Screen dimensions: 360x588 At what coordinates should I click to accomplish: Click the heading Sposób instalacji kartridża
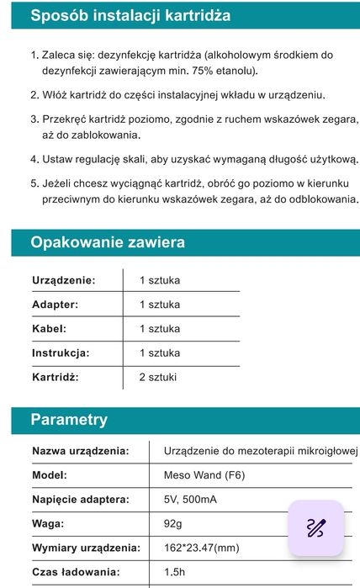click(130, 16)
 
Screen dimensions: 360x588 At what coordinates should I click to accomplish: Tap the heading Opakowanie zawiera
click(108, 243)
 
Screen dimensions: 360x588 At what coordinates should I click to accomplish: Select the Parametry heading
click(69, 420)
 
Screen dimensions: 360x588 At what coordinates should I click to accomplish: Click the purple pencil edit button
click(315, 528)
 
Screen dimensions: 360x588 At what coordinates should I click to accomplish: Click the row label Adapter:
click(55, 305)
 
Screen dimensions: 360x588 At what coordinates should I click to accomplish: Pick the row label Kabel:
click(49, 329)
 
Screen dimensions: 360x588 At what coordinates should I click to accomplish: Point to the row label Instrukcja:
click(61, 353)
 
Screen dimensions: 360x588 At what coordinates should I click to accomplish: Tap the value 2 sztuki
click(158, 378)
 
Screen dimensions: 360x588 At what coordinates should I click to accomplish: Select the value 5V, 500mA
click(190, 500)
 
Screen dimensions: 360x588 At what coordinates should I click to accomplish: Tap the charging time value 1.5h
click(175, 573)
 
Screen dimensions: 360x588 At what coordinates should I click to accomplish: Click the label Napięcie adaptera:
click(81, 500)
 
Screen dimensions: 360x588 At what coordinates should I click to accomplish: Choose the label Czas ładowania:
click(76, 573)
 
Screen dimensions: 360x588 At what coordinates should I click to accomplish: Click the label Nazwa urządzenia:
click(81, 451)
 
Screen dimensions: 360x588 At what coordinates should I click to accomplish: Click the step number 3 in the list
click(34, 119)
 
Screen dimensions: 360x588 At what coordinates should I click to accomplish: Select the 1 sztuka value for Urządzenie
click(160, 280)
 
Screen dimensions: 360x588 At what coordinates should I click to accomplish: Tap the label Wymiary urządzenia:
click(86, 548)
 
